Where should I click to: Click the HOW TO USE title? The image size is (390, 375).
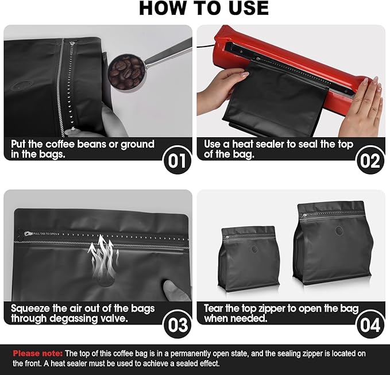[204, 8]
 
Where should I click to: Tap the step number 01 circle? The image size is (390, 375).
[177, 160]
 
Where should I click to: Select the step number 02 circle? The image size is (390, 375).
[370, 160]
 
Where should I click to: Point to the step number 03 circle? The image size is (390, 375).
[177, 324]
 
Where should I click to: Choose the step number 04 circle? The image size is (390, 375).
[370, 324]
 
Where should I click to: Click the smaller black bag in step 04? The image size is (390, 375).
[249, 258]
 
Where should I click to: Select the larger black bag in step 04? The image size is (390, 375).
[333, 243]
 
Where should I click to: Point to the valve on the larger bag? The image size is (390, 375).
[339, 231]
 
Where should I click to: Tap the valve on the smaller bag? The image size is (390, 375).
[254, 249]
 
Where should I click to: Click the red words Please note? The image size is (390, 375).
[37, 353]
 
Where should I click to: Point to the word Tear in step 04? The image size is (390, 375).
[214, 308]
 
